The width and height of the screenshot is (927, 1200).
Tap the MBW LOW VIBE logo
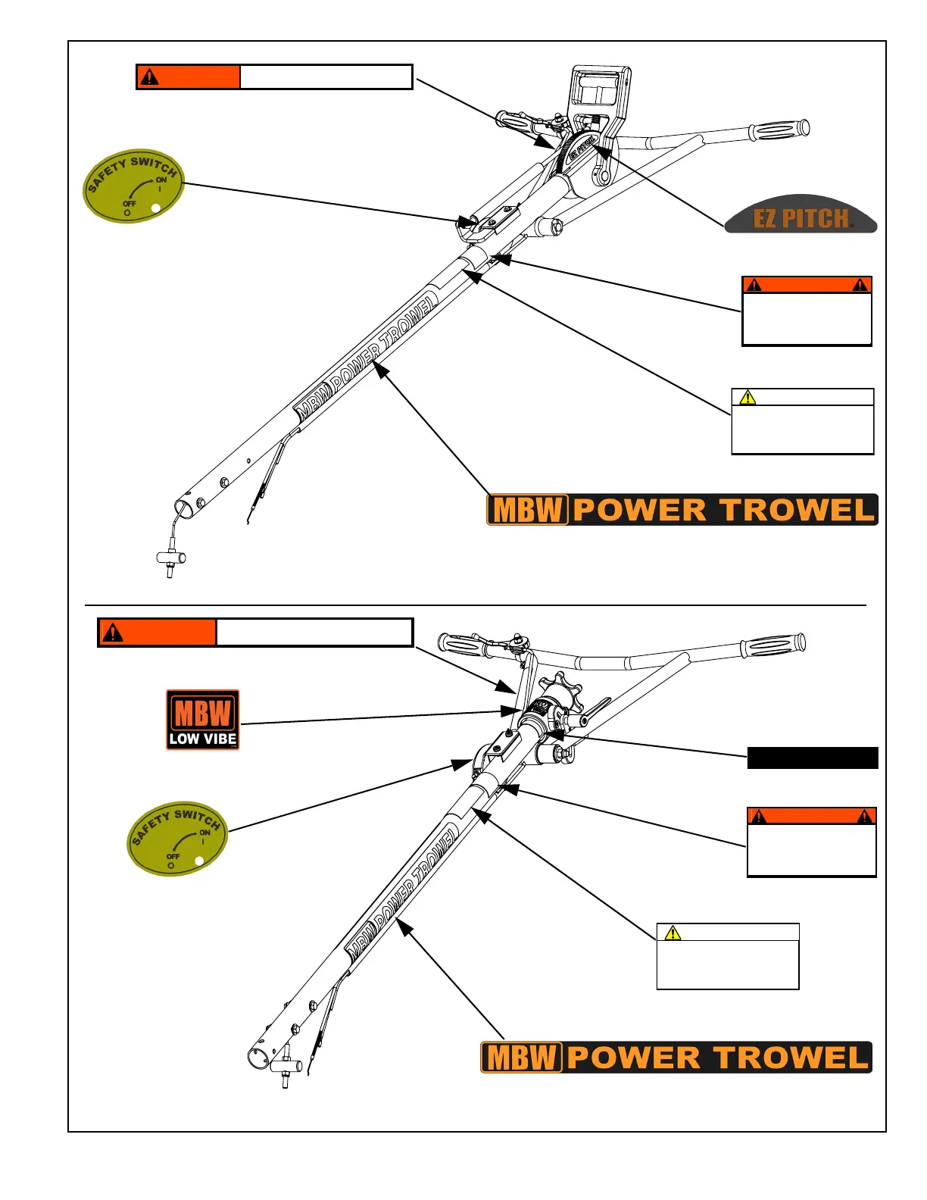(203, 720)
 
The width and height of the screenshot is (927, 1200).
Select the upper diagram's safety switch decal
(133, 186)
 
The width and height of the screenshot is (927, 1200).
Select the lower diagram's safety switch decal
(177, 839)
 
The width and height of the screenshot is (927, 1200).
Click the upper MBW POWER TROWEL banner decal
(682, 509)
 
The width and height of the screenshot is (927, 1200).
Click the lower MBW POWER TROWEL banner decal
(676, 1057)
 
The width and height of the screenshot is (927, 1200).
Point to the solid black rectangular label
(813, 758)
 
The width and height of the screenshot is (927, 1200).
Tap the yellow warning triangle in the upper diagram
(748, 397)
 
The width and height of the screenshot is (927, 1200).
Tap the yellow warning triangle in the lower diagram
(673, 933)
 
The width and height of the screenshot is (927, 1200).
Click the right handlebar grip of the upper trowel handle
(779, 130)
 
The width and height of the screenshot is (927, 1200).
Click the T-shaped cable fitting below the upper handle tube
(170, 561)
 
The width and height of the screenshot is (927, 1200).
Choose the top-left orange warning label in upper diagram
(274, 77)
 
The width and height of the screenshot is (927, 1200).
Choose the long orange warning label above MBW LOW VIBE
(255, 633)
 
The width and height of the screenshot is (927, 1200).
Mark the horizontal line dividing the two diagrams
(475, 605)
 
